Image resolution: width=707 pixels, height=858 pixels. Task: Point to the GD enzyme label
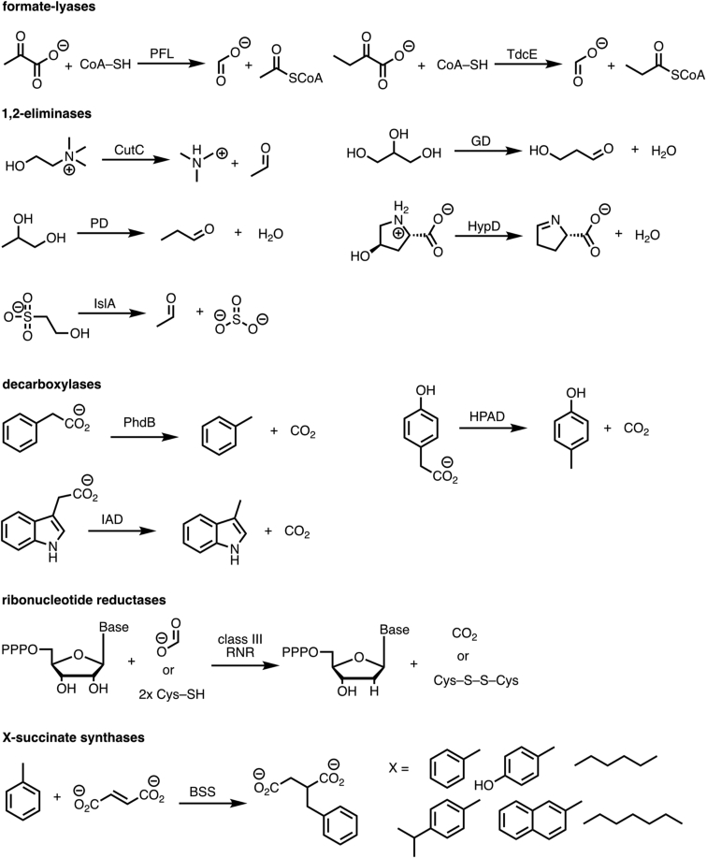485,139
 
